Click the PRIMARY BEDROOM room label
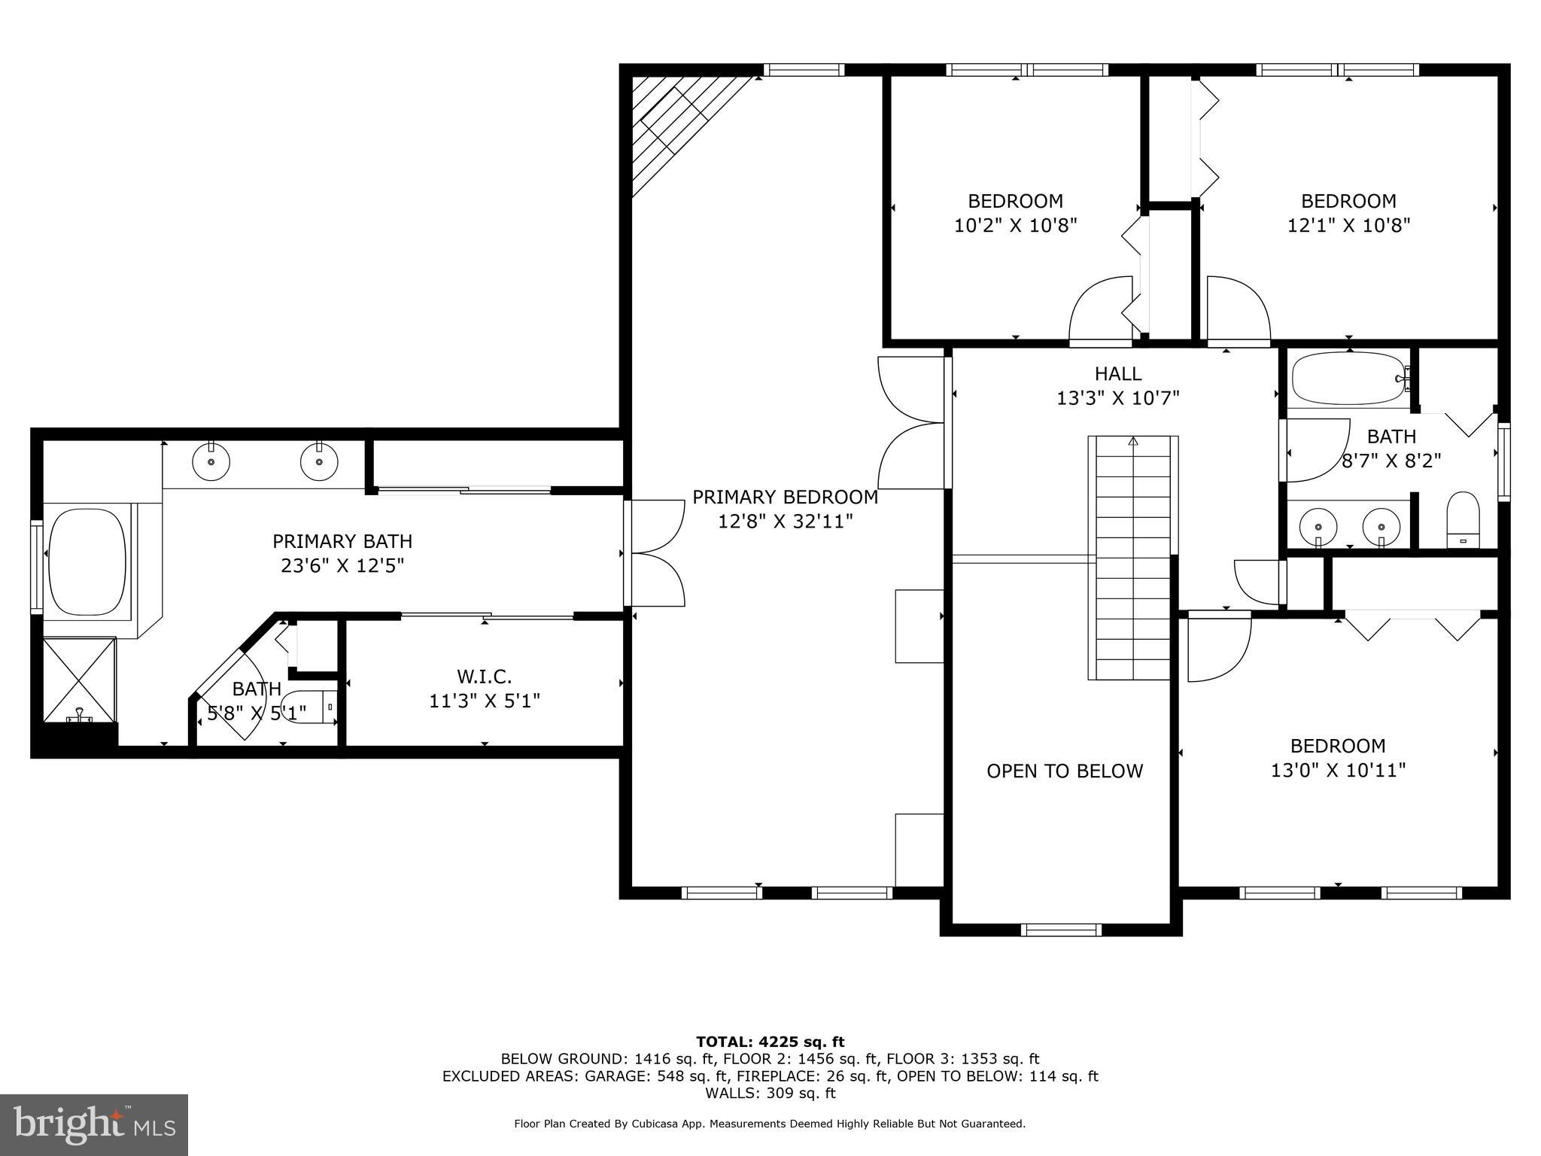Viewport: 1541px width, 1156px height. pyautogui.click(x=785, y=497)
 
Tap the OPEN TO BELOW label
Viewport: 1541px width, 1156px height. pyautogui.click(x=1064, y=771)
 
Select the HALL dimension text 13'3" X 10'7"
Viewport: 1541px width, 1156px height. pyautogui.click(x=1117, y=397)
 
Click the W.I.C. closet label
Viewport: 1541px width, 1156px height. pyautogui.click(x=484, y=676)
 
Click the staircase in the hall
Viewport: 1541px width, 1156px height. pyautogui.click(x=1132, y=557)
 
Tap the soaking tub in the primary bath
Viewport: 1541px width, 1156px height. pyautogui.click(x=87, y=561)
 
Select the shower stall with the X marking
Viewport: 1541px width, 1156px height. pyautogui.click(x=79, y=677)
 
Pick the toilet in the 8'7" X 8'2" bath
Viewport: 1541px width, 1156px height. pyautogui.click(x=1463, y=519)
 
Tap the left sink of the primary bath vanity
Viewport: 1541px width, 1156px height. pyautogui.click(x=211, y=461)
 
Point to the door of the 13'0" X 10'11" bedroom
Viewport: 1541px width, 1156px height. pyautogui.click(x=1217, y=647)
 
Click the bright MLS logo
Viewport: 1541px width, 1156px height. pyautogui.click(x=94, y=1124)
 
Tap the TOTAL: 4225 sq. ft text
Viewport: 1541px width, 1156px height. pyautogui.click(x=770, y=1042)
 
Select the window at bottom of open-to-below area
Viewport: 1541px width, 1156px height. pyautogui.click(x=1061, y=929)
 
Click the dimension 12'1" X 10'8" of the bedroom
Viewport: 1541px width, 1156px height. pyautogui.click(x=1348, y=225)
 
